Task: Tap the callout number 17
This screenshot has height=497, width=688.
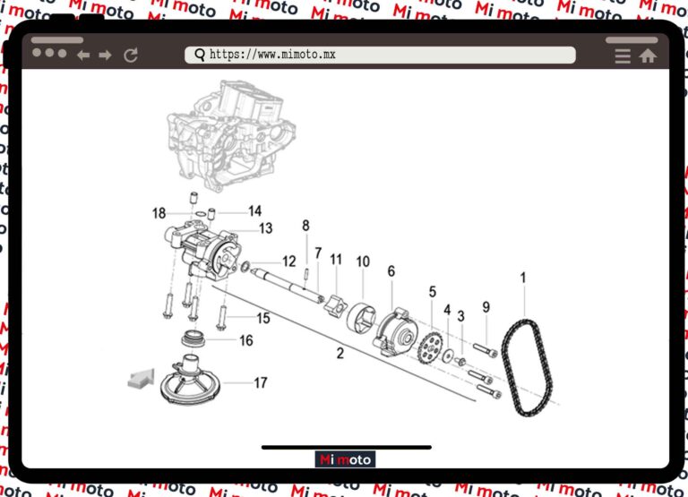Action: coord(261,383)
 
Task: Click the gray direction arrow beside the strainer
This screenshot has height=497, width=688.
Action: coord(142,379)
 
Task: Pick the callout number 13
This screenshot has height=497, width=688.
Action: coord(266,228)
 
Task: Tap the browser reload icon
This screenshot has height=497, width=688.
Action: coord(131,56)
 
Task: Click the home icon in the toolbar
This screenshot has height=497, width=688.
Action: coord(648,56)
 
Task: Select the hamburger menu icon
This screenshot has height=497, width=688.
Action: coord(623,56)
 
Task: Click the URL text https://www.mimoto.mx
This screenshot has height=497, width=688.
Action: coord(272,55)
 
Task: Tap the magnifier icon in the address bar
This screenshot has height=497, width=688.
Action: coord(200,55)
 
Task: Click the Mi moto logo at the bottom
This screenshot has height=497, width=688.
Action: coord(345,459)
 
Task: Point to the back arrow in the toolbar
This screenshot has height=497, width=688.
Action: coord(83,56)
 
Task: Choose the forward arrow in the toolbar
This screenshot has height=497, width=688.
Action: coord(106,56)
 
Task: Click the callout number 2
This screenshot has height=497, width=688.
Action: coord(340,354)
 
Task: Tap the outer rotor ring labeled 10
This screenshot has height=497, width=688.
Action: coord(362,317)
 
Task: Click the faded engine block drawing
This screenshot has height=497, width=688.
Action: coord(231,136)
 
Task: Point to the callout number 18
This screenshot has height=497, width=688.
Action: coord(159,213)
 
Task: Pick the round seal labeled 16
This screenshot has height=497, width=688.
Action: coord(193,338)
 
